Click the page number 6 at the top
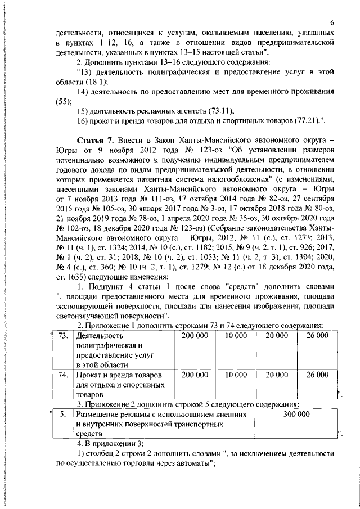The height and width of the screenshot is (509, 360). click(x=332, y=22)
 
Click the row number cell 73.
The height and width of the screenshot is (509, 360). click(x=63, y=336)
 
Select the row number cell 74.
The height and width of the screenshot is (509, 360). click(x=63, y=374)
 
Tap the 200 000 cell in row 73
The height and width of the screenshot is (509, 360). click(x=195, y=336)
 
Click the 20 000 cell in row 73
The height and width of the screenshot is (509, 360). click(x=277, y=336)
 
